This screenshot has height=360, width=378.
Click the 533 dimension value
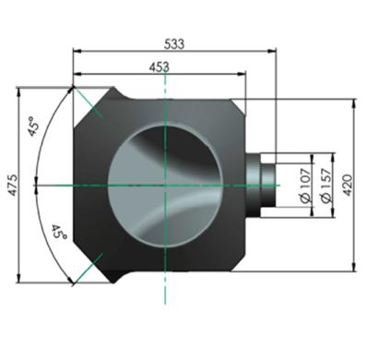(174, 43)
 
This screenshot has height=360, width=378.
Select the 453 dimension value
(159, 67)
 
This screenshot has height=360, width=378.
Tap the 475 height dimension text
(13, 185)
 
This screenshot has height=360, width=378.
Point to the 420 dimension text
(348, 185)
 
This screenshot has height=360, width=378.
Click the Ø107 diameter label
(306, 186)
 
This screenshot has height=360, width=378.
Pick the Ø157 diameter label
(326, 186)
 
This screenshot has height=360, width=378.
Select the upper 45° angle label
(34, 126)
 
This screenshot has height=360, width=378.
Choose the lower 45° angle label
(59, 232)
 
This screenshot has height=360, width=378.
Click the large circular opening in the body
(165, 186)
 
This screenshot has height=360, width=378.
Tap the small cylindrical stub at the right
(268, 186)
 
